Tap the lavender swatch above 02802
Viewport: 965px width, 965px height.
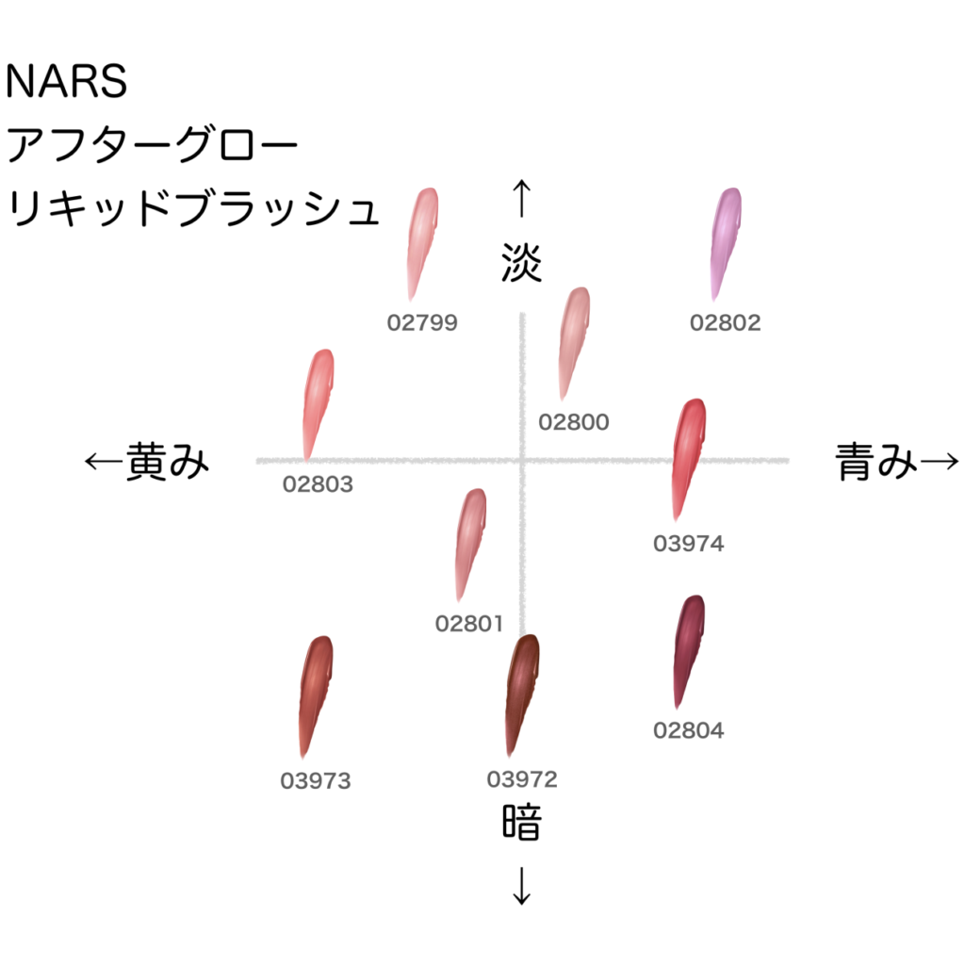click(x=725, y=240)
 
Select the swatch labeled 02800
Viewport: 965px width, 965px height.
click(x=572, y=341)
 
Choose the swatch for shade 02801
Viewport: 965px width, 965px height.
click(x=469, y=542)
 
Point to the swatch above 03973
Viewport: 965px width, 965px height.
click(x=314, y=693)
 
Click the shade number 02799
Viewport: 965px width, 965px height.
click(x=422, y=322)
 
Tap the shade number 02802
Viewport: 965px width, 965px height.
click(x=725, y=322)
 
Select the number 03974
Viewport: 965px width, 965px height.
click(x=688, y=544)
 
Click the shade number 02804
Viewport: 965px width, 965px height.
click(x=688, y=730)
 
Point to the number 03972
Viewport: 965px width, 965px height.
click(x=522, y=779)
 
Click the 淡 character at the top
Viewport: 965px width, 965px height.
click(x=521, y=264)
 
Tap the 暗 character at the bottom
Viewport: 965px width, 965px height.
click(x=521, y=823)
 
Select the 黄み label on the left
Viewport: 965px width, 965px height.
click(x=166, y=462)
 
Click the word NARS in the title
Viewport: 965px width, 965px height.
click(x=66, y=83)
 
